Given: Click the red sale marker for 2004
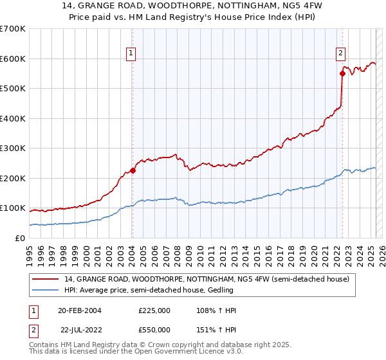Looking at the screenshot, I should [x=133, y=170].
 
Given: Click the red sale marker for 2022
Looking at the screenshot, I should [x=342, y=74].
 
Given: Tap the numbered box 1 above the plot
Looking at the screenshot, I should [x=131, y=54].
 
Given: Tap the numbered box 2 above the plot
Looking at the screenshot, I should [x=340, y=54].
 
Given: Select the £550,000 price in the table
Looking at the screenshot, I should [x=154, y=330].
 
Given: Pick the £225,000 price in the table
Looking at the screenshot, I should [x=154, y=310].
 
